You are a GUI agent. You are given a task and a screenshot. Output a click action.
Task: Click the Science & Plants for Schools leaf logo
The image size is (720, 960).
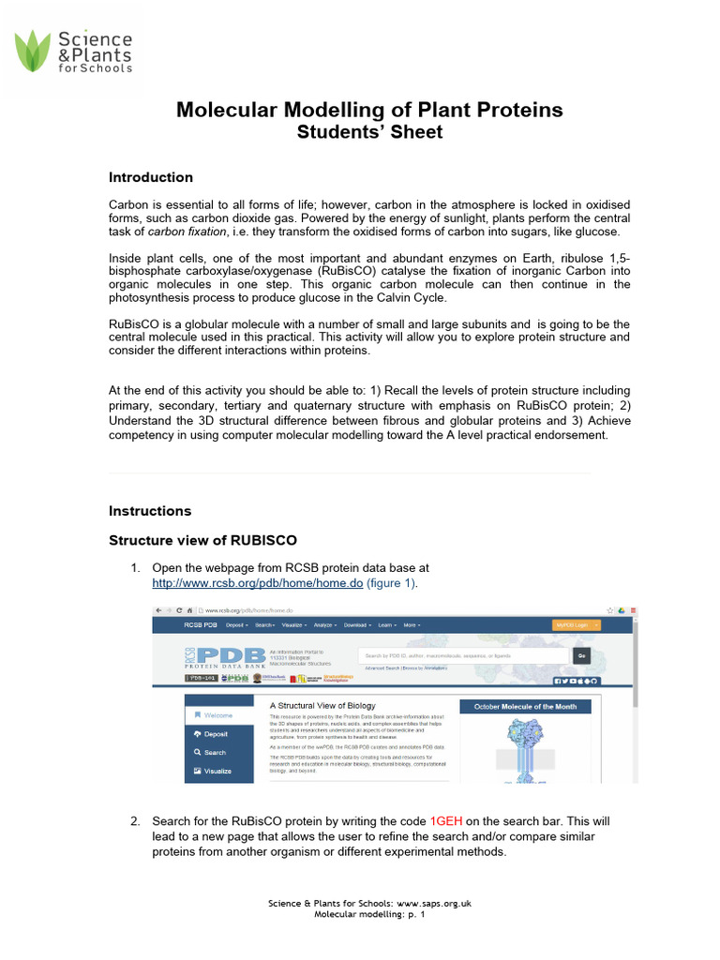click(x=36, y=52)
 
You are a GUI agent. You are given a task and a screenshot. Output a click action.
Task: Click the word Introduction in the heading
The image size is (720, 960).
click(x=151, y=177)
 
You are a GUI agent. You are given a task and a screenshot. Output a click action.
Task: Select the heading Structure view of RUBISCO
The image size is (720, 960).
click(x=202, y=540)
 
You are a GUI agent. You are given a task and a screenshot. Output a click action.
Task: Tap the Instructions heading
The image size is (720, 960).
click(x=150, y=511)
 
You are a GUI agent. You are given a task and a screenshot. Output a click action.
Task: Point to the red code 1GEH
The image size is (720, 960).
click(x=445, y=820)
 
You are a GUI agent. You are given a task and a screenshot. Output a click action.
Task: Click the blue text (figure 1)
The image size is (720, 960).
click(x=391, y=582)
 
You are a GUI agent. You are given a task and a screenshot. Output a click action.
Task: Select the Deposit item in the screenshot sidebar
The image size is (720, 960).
click(x=217, y=734)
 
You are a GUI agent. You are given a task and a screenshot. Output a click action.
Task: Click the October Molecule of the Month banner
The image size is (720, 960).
click(x=525, y=706)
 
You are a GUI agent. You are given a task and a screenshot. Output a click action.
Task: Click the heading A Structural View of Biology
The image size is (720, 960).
click(x=322, y=705)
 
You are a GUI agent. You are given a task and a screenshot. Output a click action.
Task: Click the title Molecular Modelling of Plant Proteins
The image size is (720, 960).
click(x=369, y=111)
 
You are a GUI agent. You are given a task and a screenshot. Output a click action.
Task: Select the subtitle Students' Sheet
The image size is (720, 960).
click(x=369, y=132)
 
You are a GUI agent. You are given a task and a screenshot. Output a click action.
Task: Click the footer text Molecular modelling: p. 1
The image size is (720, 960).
click(x=369, y=914)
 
